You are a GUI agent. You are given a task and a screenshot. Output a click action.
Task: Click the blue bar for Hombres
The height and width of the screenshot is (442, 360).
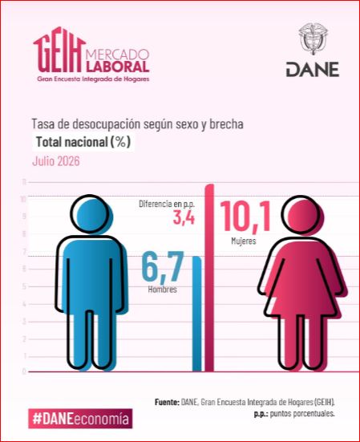197,314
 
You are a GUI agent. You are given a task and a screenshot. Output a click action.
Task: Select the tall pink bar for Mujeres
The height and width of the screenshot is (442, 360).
209,278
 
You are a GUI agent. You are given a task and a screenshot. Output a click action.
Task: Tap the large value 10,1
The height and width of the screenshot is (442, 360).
245,217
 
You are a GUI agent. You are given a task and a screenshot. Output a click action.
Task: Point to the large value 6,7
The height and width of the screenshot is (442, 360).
163,268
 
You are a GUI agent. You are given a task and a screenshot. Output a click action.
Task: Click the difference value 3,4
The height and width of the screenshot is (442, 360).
184,218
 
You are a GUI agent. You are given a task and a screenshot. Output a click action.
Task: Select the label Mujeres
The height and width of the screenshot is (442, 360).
244,241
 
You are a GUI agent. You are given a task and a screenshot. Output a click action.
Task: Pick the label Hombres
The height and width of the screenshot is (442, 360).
163,290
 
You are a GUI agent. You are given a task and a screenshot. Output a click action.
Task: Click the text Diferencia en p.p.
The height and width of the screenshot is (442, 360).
167,204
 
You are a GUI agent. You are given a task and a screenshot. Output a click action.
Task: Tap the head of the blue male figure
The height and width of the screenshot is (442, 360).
90,214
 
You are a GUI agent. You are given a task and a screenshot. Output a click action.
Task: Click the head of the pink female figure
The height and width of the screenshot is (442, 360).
301,215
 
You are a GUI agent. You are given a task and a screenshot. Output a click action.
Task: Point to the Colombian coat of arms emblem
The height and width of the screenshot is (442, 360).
313,38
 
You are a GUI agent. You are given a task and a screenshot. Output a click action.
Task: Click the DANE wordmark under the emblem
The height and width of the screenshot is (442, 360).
313,70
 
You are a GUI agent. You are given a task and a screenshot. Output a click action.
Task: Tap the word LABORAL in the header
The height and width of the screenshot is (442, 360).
118,67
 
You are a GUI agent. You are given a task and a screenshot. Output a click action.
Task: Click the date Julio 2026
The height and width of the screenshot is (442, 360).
56,161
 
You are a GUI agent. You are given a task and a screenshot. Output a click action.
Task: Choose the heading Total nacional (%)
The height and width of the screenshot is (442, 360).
83,142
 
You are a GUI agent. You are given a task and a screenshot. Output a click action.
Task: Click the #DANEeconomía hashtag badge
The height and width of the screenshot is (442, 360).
80,418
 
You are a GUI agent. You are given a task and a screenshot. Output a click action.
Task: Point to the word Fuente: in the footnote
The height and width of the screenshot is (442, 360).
167,402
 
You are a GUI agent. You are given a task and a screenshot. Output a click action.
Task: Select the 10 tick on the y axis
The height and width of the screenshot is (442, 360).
23,199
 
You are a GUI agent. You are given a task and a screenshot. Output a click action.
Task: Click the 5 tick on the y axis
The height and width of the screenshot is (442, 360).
24,286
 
